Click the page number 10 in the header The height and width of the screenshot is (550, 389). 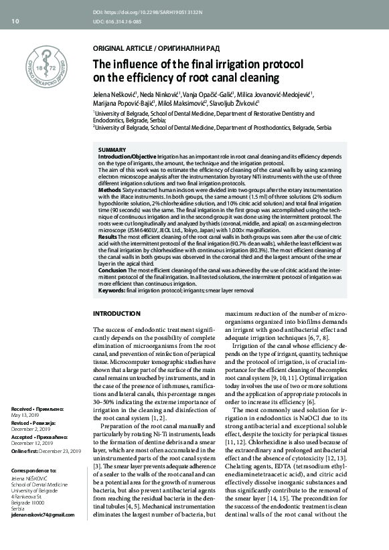(15, 21)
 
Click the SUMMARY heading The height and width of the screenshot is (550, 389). (112, 149)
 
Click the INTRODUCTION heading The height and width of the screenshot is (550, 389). (116, 313)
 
